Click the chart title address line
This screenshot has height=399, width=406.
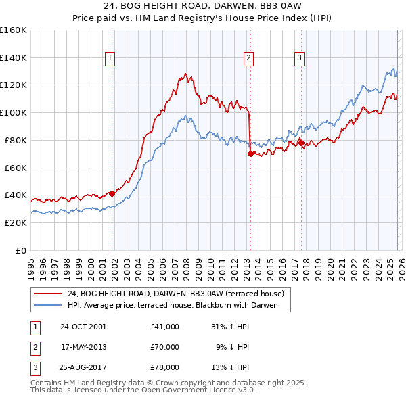point(202,7)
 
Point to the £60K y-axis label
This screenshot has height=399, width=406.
point(16,168)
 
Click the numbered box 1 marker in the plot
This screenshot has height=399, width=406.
point(110,59)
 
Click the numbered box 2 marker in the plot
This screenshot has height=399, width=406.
point(248,59)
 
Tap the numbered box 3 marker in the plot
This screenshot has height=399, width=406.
point(299,59)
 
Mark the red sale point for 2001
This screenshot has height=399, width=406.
point(112,193)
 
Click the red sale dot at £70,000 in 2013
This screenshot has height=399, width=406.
point(250,154)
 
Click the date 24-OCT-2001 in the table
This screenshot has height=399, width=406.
point(83,327)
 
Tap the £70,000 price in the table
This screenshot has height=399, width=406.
point(165,347)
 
